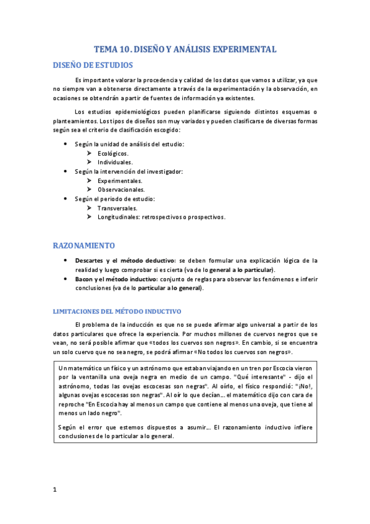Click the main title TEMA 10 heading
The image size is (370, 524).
(185, 49)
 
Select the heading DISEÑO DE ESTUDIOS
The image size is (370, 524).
(93, 65)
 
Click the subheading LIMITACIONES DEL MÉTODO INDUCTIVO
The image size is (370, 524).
(117, 310)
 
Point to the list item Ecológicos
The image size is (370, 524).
(113, 153)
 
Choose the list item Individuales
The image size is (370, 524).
(115, 162)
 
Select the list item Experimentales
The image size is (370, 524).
(120, 180)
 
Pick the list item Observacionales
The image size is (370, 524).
(121, 190)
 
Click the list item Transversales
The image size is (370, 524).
(117, 208)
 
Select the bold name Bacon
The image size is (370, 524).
(85, 279)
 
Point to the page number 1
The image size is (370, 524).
(55, 489)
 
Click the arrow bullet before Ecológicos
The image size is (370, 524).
(90, 153)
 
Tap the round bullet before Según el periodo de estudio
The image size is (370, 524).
(66, 199)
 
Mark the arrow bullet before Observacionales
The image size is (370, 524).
(90, 190)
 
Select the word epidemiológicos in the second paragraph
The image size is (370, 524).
(130, 112)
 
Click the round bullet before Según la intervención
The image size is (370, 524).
(66, 171)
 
